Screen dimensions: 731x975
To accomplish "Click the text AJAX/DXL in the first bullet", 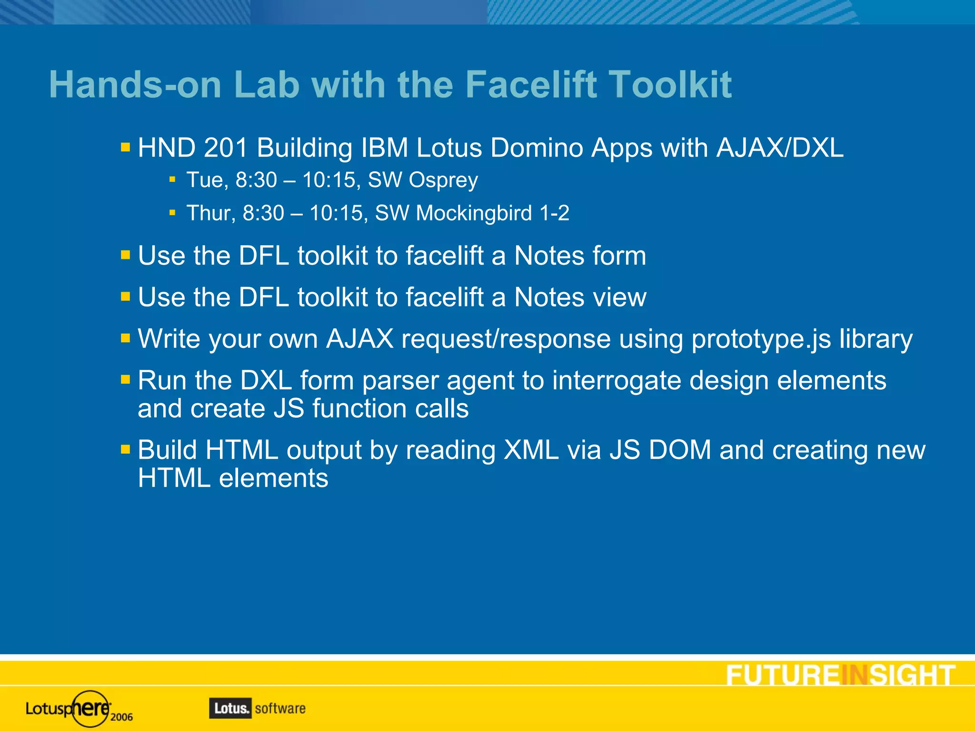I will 780,148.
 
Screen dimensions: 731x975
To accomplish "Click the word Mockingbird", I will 474,213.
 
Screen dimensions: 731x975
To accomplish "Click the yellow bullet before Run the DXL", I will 125,380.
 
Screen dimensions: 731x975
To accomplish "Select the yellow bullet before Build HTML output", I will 125,449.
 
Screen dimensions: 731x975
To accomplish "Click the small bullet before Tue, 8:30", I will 172,180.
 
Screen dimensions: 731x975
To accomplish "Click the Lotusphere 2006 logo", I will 79,709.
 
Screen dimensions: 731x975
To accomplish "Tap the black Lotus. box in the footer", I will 230,708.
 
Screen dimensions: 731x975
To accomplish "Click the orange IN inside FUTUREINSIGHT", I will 855,675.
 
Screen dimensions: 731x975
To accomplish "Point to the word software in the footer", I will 280,708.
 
